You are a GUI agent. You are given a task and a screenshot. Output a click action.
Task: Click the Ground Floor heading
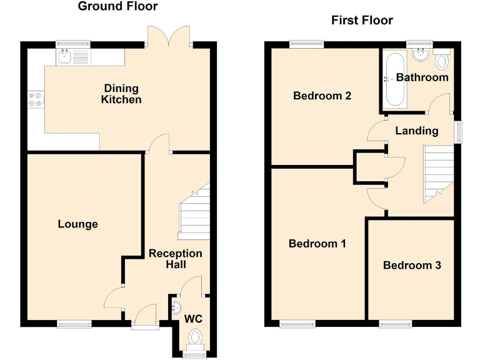[x=117, y=7]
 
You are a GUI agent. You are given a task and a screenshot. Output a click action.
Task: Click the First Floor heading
[x=362, y=21]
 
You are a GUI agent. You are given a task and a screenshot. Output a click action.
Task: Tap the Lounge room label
[x=78, y=224]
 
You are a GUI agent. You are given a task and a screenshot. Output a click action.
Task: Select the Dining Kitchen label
[x=122, y=94]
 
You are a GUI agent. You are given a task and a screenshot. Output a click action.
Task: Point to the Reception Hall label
[x=176, y=259]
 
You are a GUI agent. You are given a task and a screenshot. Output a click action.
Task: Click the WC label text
[x=194, y=319]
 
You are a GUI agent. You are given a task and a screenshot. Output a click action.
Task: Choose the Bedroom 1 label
[x=317, y=244]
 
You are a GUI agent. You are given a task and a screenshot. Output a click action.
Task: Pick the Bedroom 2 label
[x=322, y=96]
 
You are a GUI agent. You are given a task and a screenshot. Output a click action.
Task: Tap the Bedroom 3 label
[x=412, y=265]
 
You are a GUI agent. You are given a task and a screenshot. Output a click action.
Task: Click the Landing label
[x=417, y=131]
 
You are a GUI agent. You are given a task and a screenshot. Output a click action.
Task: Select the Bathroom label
[x=422, y=77]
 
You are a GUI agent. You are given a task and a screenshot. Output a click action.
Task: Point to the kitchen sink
[x=65, y=57]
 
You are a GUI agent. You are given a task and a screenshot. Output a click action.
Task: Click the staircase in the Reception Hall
[x=194, y=212]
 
